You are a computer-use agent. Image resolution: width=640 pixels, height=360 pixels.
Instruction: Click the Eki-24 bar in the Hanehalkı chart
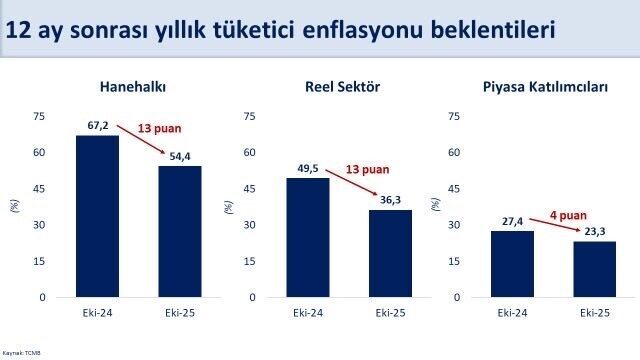click(x=97, y=216)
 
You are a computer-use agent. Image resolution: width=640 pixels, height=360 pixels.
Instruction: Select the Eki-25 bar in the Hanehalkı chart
click(x=180, y=231)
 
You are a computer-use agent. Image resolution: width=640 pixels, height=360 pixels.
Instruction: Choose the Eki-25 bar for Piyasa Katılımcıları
click(x=595, y=269)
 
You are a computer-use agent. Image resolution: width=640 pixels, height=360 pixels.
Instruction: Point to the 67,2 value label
click(x=97, y=127)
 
